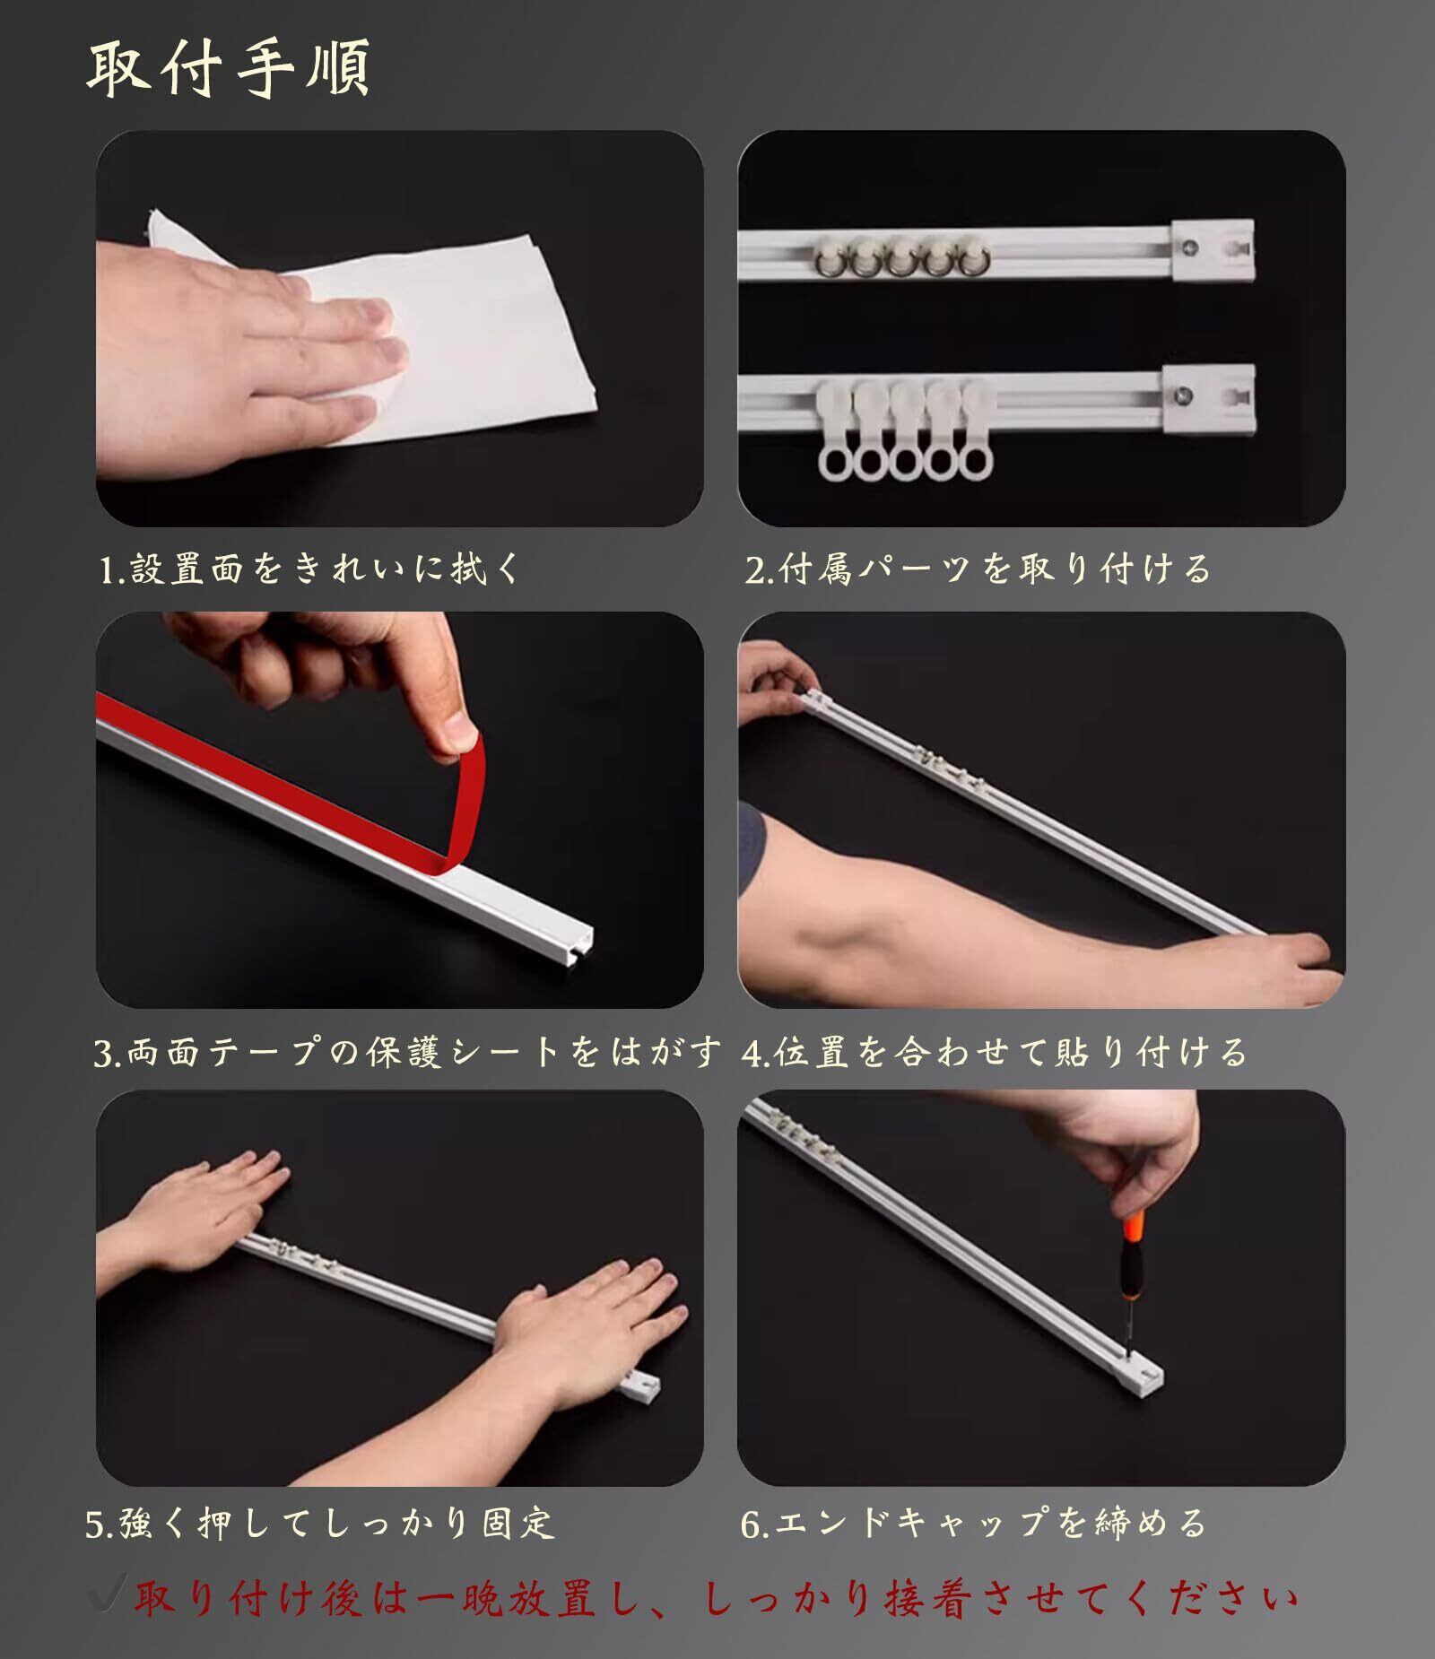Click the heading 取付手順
point(228,68)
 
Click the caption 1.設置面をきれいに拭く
point(309,569)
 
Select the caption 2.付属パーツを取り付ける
point(978,569)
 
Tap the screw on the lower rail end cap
point(1186,392)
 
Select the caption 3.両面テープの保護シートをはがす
point(407,1052)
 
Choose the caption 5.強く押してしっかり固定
point(320,1523)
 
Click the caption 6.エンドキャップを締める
point(973,1523)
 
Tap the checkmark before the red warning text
point(109,1592)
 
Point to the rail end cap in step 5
point(639,1387)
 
